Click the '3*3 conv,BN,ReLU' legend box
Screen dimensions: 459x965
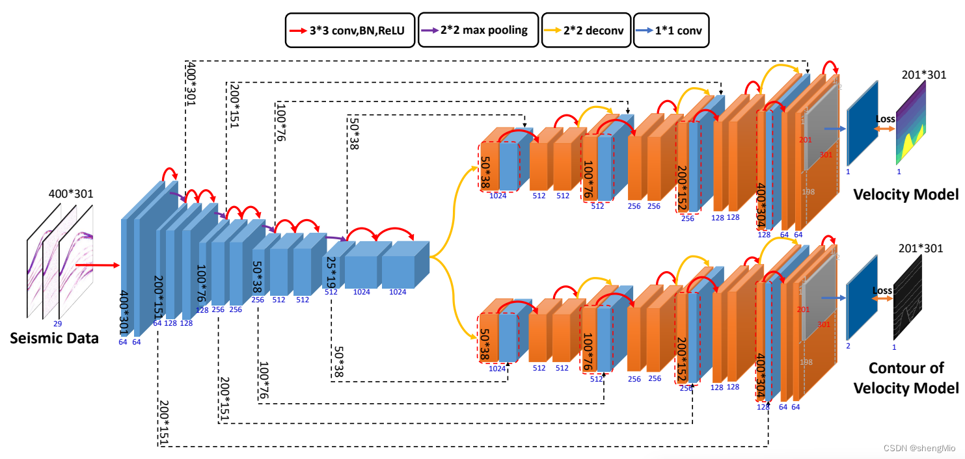pyautogui.click(x=350, y=30)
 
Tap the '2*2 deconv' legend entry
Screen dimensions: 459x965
pyautogui.click(x=586, y=30)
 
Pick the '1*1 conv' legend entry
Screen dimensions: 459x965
pyautogui.click(x=671, y=30)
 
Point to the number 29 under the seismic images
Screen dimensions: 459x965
pyautogui.click(x=57, y=323)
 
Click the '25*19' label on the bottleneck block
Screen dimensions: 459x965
pyautogui.click(x=331, y=272)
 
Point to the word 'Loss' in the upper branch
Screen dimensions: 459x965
pyautogui.click(x=886, y=119)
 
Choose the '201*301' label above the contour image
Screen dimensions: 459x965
pyautogui.click(x=920, y=248)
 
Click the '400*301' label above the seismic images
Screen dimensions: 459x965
pyautogui.click(x=70, y=194)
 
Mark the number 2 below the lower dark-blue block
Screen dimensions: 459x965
pyautogui.click(x=848, y=346)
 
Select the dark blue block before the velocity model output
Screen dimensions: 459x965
pyautogui.click(x=862, y=124)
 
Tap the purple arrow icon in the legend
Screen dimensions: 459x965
pyautogui.click(x=428, y=30)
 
